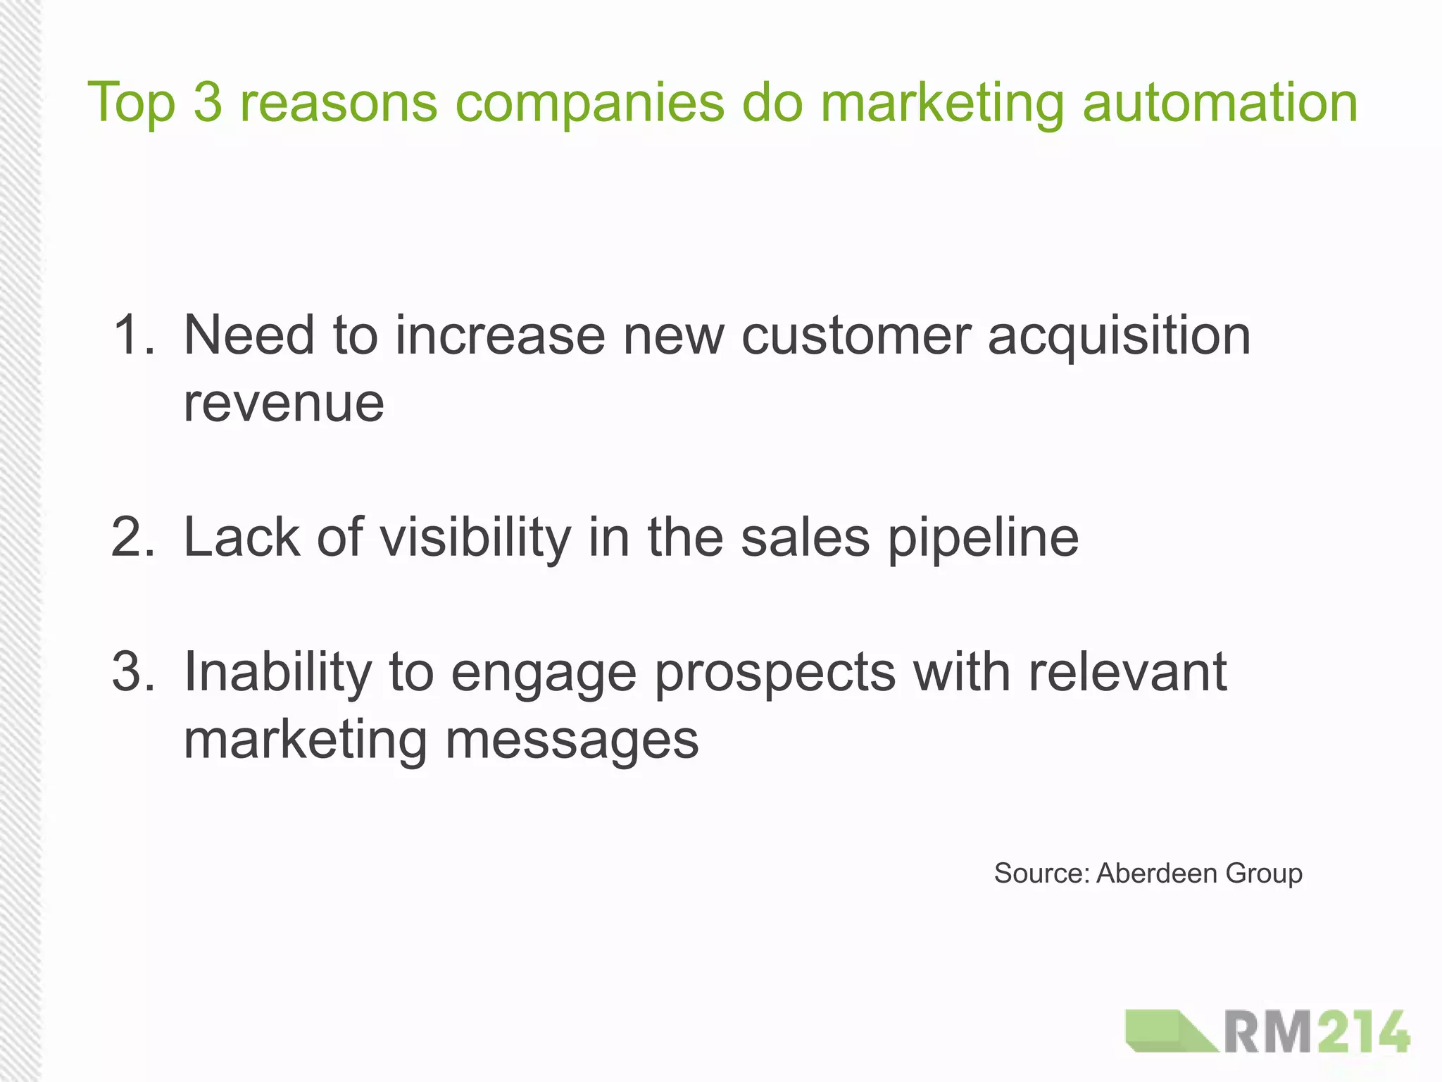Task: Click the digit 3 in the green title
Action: (x=208, y=103)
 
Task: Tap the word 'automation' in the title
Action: (x=1220, y=103)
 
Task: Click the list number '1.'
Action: (x=134, y=335)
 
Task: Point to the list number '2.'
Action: (x=134, y=537)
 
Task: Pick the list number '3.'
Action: (x=134, y=671)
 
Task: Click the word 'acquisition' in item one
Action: (x=1119, y=336)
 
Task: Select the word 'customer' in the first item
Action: (x=856, y=335)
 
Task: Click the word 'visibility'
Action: (x=475, y=537)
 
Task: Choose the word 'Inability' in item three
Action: (x=277, y=671)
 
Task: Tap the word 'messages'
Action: (x=572, y=741)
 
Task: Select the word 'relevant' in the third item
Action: (x=1128, y=671)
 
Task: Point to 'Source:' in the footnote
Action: (x=1042, y=873)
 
